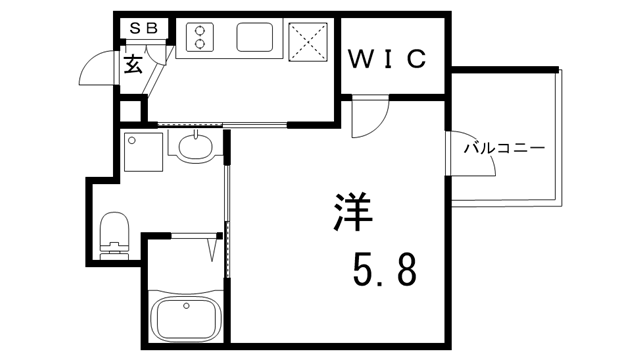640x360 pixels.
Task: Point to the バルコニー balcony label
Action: (x=504, y=148)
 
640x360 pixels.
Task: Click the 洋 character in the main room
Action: (x=352, y=213)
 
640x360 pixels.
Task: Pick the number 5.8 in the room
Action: (x=384, y=267)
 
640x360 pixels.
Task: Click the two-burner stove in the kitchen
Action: (x=199, y=37)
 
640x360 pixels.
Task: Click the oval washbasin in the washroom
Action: (x=196, y=148)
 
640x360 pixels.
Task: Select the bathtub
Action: (x=187, y=319)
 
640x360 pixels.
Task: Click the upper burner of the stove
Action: (x=199, y=29)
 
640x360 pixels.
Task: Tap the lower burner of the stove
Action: (x=199, y=44)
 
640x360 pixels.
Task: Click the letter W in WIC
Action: (x=359, y=58)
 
